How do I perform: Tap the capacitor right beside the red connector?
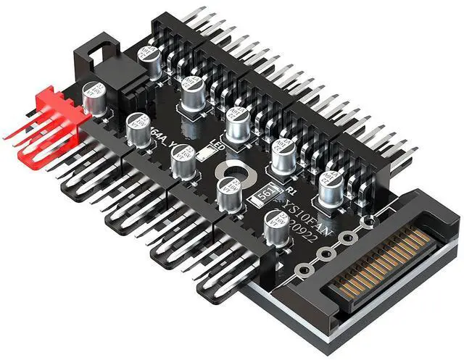(x=96, y=98)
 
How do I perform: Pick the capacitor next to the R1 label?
(x=283, y=155)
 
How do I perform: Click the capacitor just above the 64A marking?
(x=138, y=129)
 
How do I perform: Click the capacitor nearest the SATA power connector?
(x=331, y=186)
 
